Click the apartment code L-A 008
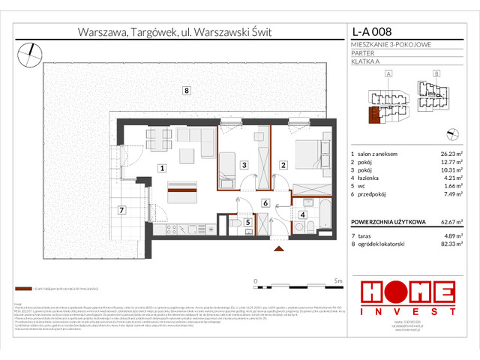coord(372,32)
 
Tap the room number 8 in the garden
coord(185,91)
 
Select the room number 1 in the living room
coord(161,169)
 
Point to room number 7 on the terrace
coord(122,211)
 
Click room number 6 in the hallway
coord(265,203)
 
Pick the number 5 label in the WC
coord(247,222)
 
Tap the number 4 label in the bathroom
coord(303,215)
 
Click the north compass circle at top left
coord(32,52)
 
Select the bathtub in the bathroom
coord(328,212)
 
